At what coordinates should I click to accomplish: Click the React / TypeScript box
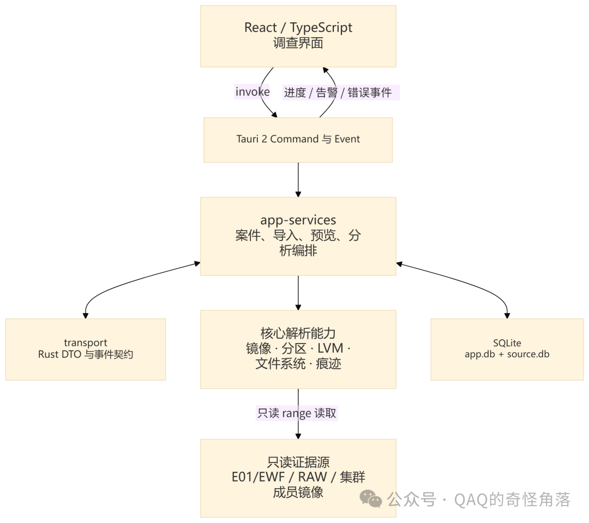(298, 36)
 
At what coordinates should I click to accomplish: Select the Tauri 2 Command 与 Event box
(298, 140)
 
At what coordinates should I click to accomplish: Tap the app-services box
(298, 236)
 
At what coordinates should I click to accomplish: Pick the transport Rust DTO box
(85, 349)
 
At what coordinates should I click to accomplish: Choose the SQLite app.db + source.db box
(507, 349)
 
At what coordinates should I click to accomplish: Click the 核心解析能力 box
(298, 349)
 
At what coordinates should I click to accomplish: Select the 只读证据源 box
(298, 478)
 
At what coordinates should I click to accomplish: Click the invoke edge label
(253, 92)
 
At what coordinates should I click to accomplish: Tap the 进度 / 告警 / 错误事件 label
(341, 92)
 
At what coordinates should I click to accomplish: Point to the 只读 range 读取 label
(297, 413)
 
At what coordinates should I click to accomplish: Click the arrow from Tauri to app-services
(298, 179)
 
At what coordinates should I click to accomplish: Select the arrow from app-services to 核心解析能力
(298, 293)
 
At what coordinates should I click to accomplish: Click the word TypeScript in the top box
(321, 28)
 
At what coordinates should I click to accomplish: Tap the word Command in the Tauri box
(294, 139)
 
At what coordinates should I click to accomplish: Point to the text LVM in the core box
(330, 348)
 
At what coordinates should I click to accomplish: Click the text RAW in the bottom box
(312, 477)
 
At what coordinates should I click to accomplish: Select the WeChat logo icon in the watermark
(371, 498)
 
